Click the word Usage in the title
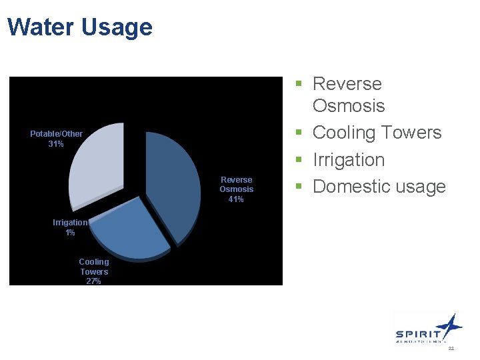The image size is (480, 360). point(117,27)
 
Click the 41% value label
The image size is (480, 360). point(236,199)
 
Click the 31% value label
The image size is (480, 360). point(56,144)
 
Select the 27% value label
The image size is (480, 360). point(93,281)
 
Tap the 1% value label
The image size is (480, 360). point(70,233)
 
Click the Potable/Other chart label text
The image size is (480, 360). point(56,134)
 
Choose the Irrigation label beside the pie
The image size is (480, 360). point(70,223)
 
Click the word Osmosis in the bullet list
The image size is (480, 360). point(348,106)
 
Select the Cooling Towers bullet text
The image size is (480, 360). point(377,133)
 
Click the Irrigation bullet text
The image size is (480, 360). point(348,160)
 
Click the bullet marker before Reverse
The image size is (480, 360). point(301,84)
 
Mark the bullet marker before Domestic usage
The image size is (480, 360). point(301,187)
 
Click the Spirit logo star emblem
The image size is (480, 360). point(451,325)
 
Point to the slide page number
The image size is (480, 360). point(451,349)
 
